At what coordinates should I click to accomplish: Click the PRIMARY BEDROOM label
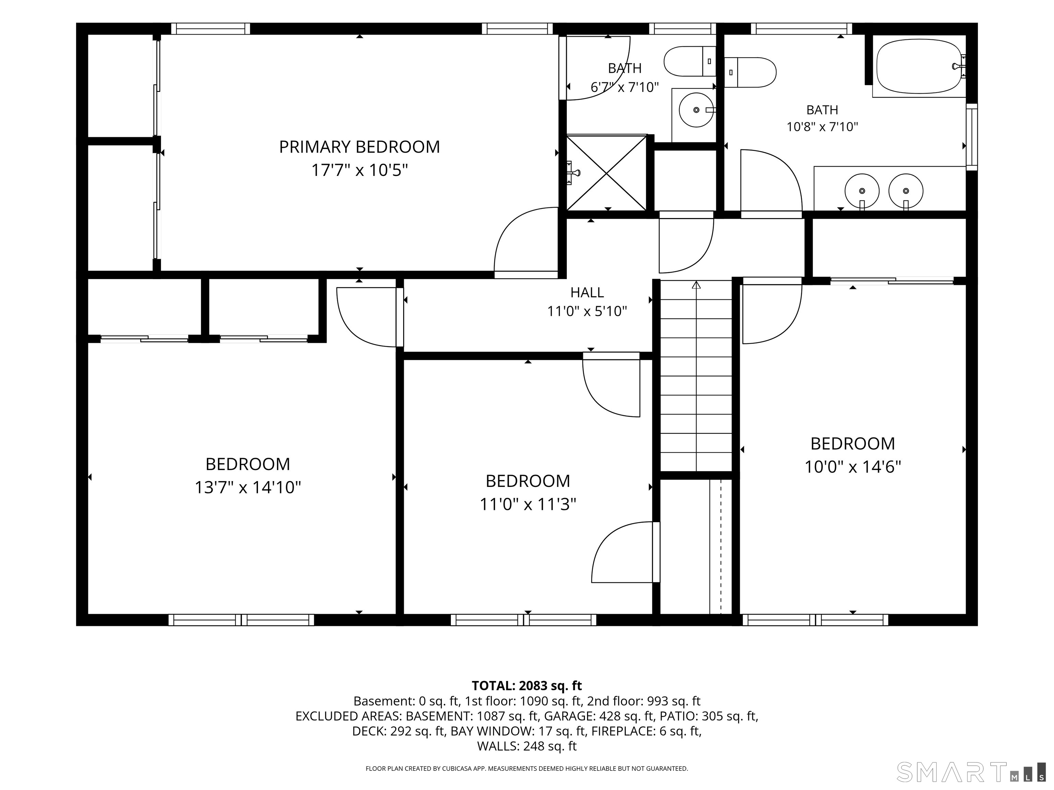[359, 147]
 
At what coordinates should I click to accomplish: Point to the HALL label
[587, 292]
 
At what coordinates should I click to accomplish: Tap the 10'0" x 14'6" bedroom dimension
[853, 467]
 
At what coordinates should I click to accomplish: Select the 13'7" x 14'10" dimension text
[248, 487]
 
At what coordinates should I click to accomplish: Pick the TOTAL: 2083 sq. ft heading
[527, 686]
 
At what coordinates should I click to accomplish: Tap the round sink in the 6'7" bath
[696, 110]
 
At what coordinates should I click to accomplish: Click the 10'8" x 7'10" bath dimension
[822, 127]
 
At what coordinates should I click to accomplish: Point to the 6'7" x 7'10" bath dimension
[625, 87]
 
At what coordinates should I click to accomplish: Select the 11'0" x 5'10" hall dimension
[587, 311]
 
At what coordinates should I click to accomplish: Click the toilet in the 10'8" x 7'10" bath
[750, 72]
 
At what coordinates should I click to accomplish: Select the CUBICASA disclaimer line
[527, 769]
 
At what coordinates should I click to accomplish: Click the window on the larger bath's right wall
[972, 137]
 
